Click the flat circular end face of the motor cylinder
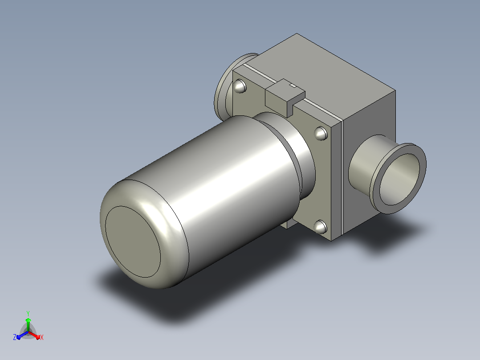(x=133, y=242)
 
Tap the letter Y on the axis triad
(x=28, y=313)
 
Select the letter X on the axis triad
(x=42, y=337)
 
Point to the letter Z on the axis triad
(x=15, y=337)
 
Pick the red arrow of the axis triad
(x=35, y=335)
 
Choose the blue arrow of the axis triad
(x=22, y=335)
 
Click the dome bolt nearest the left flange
(x=240, y=86)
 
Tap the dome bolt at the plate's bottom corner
(x=321, y=227)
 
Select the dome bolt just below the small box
(x=321, y=133)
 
